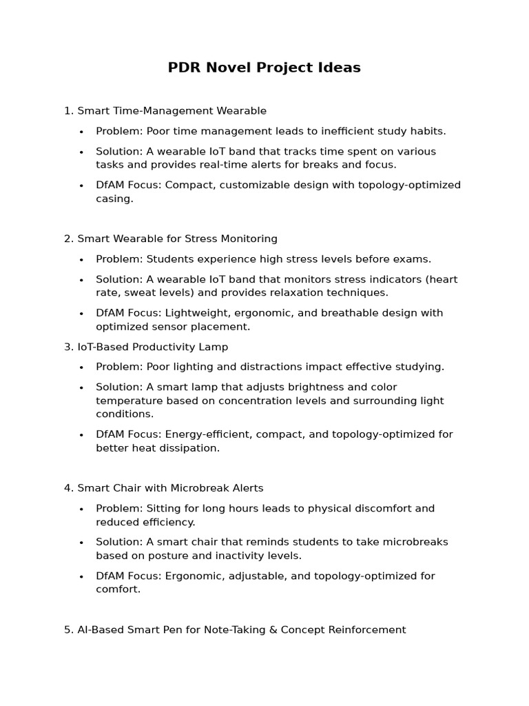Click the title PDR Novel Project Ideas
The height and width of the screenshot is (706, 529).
(x=264, y=68)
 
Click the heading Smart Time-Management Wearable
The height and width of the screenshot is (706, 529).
(x=172, y=110)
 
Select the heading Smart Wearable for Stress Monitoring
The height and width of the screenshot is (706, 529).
(x=177, y=239)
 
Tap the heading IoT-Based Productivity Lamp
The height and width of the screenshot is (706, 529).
(x=152, y=347)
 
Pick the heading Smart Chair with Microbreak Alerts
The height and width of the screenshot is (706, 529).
(x=170, y=488)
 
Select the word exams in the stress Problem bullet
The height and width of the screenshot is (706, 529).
(x=413, y=259)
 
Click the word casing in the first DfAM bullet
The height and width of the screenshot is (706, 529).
(x=113, y=199)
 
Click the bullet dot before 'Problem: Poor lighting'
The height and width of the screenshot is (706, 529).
(x=81, y=367)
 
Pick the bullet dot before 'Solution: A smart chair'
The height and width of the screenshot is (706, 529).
(x=81, y=543)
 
